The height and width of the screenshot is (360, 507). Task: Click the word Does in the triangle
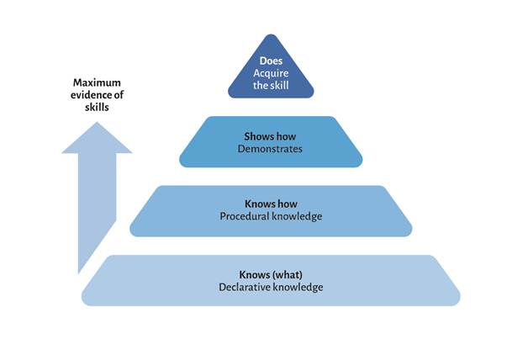pyautogui.click(x=271, y=61)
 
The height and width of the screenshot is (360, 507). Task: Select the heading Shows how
pyautogui.click(x=271, y=136)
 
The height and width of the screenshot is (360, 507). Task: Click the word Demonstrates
pyautogui.click(x=271, y=149)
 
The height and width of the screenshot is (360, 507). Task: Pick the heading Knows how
pyautogui.click(x=271, y=204)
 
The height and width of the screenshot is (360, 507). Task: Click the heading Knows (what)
pyautogui.click(x=271, y=274)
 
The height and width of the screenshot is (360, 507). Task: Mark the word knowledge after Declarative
pyautogui.click(x=296, y=287)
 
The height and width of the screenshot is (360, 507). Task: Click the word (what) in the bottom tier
pyautogui.click(x=288, y=274)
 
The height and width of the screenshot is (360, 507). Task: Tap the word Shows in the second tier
pyautogui.click(x=257, y=136)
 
